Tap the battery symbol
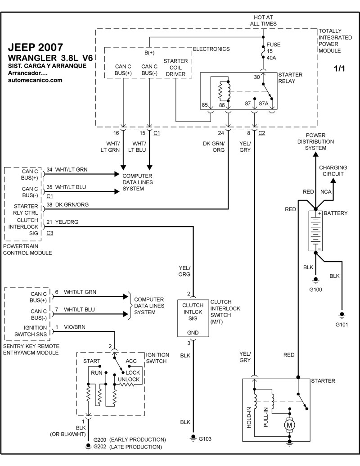[315, 231]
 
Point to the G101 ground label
[342, 324]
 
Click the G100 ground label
[315, 290]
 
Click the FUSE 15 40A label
[273, 51]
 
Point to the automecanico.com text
[35, 80]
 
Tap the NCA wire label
[326, 192]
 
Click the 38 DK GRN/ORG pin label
[67, 204]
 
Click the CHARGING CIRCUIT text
[333, 171]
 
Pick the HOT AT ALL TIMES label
[263, 20]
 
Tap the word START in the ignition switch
[92, 361]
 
